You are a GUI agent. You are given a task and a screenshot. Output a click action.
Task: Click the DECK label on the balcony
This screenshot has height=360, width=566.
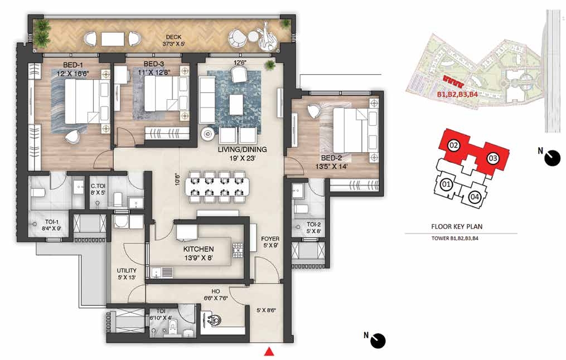point(173,37)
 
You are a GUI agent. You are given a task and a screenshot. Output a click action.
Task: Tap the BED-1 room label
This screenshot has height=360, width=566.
point(73,65)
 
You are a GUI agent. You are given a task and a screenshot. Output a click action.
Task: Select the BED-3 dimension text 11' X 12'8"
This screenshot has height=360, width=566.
point(154,72)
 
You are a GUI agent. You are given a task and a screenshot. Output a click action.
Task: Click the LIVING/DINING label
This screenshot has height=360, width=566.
point(242,149)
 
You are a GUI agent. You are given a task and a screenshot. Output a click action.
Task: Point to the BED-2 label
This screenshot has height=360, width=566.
point(331,158)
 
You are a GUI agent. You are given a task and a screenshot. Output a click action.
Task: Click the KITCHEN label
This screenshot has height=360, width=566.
point(199,249)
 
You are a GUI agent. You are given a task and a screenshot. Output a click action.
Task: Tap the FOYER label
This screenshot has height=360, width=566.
point(270,239)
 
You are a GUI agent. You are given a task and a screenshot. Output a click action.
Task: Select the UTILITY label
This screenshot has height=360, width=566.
point(127,270)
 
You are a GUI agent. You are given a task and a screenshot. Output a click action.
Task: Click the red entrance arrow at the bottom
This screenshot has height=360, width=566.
point(268,351)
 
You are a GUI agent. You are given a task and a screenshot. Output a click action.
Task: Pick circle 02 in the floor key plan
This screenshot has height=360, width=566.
point(454,146)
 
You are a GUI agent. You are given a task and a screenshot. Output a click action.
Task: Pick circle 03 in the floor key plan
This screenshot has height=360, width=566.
point(493,158)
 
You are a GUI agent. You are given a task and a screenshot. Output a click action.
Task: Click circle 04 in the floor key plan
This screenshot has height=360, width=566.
point(475,197)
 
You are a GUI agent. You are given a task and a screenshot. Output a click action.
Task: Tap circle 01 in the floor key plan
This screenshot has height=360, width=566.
point(446,185)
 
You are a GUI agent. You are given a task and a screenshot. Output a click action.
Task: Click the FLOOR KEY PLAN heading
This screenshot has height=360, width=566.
point(457,227)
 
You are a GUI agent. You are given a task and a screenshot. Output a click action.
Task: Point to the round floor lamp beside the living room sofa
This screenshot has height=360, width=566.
point(208,134)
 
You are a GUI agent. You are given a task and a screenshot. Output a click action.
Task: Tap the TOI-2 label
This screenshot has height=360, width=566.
point(314,224)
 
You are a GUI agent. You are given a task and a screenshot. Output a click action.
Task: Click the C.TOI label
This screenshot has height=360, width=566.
point(98,186)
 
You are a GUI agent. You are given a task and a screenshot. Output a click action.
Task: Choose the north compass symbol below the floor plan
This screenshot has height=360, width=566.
point(377,340)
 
